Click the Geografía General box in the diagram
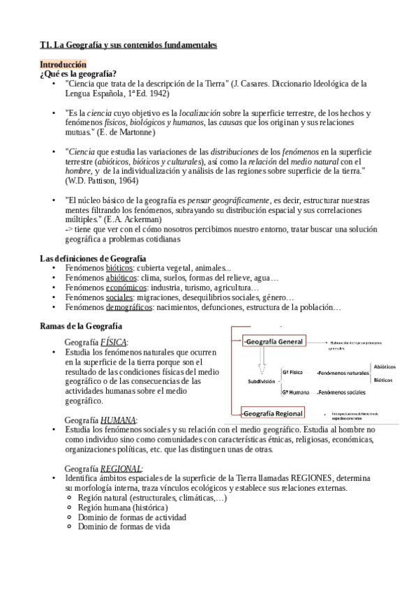(272, 341)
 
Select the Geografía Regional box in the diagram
(273, 413)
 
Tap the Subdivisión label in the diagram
(262, 382)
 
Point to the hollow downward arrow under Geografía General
(262, 363)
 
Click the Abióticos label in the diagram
(385, 367)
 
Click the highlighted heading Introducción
(63, 64)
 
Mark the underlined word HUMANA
(119, 420)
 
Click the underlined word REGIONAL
(121, 468)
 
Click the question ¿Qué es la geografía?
(78, 73)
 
